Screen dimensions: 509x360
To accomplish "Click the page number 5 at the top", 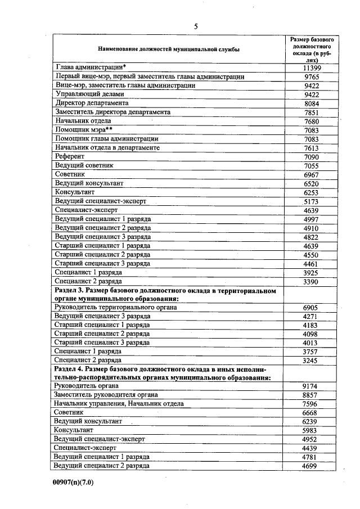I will pyautogui.click(x=196, y=26).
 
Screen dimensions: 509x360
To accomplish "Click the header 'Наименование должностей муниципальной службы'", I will pyautogui.click(x=168, y=49).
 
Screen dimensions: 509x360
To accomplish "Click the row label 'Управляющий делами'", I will pyautogui.click(x=89, y=94).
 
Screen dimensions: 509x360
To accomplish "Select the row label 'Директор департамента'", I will pyautogui.click(x=92, y=103).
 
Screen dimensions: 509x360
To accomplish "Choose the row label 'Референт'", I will pyautogui.click(x=69, y=156).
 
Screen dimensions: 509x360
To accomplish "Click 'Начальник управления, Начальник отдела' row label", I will pyautogui.click(x=119, y=404).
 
